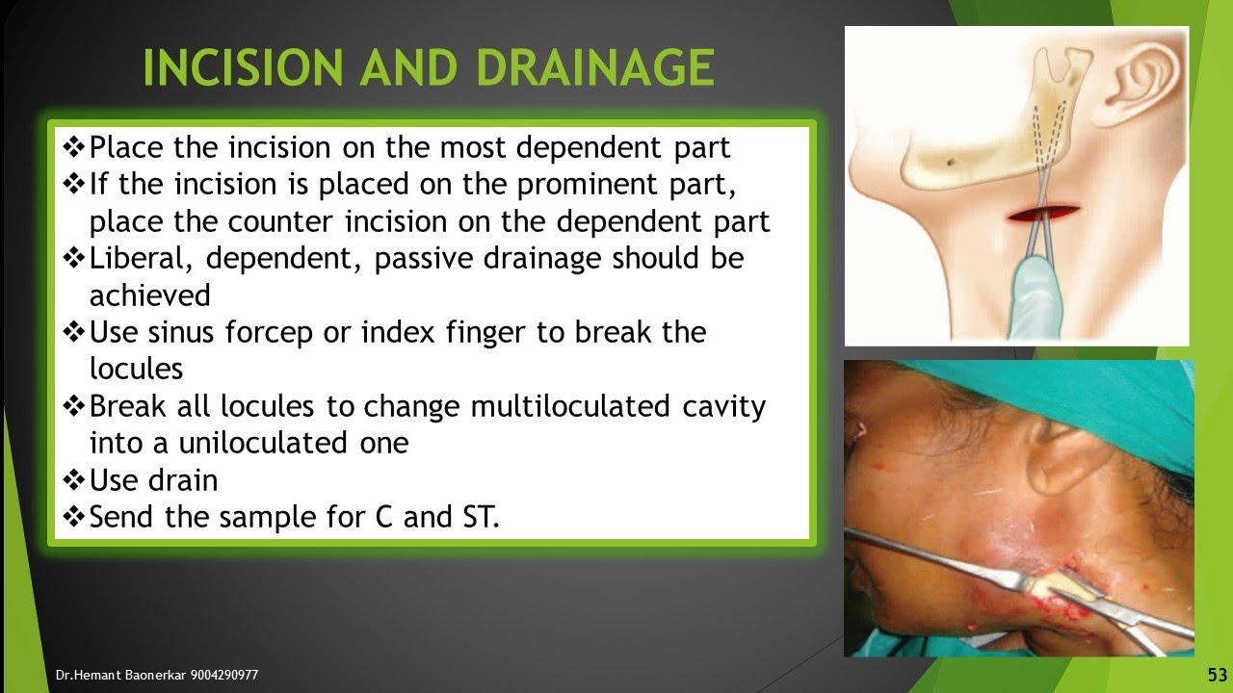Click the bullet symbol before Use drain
pos(74,479)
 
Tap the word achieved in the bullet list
pos(149,295)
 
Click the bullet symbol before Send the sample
pos(74,517)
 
